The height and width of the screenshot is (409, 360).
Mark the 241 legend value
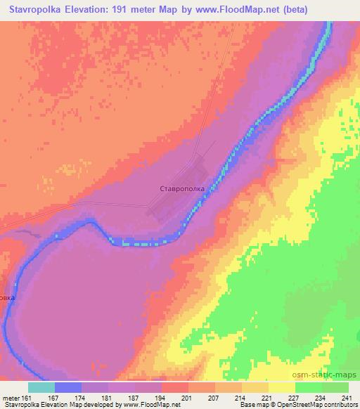click(x=347, y=398)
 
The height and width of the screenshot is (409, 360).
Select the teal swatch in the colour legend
click(x=41, y=387)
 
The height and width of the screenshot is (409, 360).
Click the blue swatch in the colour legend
click(x=68, y=387)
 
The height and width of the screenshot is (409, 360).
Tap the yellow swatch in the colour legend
click(x=282, y=387)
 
